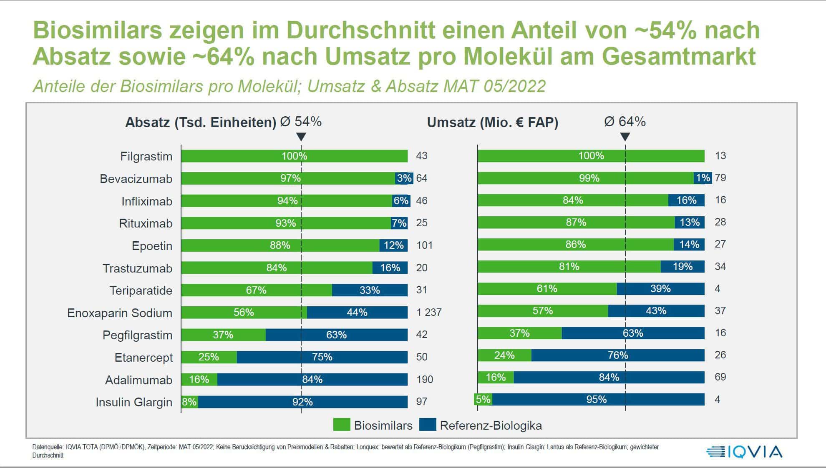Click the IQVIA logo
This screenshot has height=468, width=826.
coord(744,452)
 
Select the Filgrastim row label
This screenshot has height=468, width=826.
coord(146,156)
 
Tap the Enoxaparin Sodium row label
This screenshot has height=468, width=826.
coord(120,313)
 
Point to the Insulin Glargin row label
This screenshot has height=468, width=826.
coord(134,402)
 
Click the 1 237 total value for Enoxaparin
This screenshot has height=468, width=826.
coord(429,312)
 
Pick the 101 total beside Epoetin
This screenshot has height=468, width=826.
coord(424,245)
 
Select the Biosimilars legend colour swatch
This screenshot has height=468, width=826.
coord(342,425)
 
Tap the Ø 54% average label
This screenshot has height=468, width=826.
coord(301,122)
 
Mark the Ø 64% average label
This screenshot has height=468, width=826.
coord(625,122)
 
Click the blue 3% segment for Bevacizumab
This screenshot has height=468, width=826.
coord(404,178)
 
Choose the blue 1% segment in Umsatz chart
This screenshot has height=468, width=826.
coord(703,178)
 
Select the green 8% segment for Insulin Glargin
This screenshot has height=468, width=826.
coord(189,402)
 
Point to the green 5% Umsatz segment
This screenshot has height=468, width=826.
coord(483,399)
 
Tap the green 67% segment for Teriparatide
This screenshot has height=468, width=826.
coord(256,290)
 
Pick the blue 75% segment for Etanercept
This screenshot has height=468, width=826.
coord(322,357)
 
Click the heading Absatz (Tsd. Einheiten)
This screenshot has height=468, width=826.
coord(201,123)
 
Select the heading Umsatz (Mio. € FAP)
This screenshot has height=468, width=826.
coord(492,123)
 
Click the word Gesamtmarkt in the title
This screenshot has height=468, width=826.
coord(678,57)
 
